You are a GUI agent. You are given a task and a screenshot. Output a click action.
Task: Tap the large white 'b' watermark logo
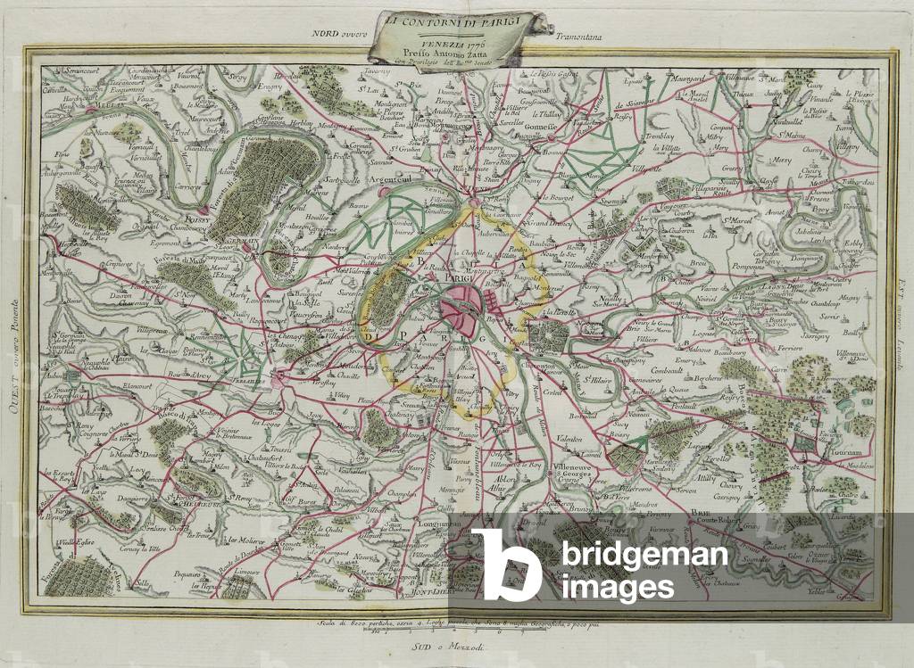click(505, 564)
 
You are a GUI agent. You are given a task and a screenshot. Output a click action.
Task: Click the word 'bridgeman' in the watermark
click(643, 556)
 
